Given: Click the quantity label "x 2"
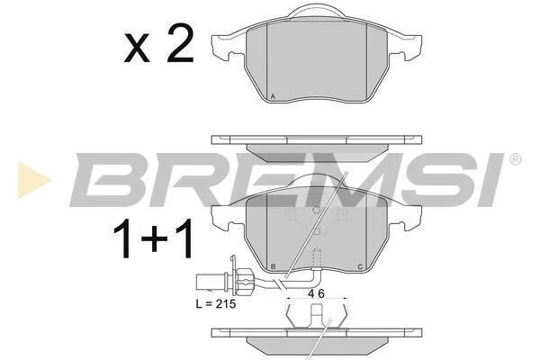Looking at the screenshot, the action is (x=158, y=44).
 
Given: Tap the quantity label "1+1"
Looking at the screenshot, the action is (x=153, y=238).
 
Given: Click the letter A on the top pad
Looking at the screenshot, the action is (x=273, y=96).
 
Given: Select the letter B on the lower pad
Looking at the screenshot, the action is (x=273, y=266).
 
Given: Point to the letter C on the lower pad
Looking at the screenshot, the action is (x=360, y=266).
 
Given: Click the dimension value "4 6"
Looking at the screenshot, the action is (x=317, y=293).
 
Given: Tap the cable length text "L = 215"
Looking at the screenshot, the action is (x=216, y=304).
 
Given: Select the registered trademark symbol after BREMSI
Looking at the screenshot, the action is (x=515, y=159).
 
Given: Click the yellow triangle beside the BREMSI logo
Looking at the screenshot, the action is (x=33, y=180).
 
